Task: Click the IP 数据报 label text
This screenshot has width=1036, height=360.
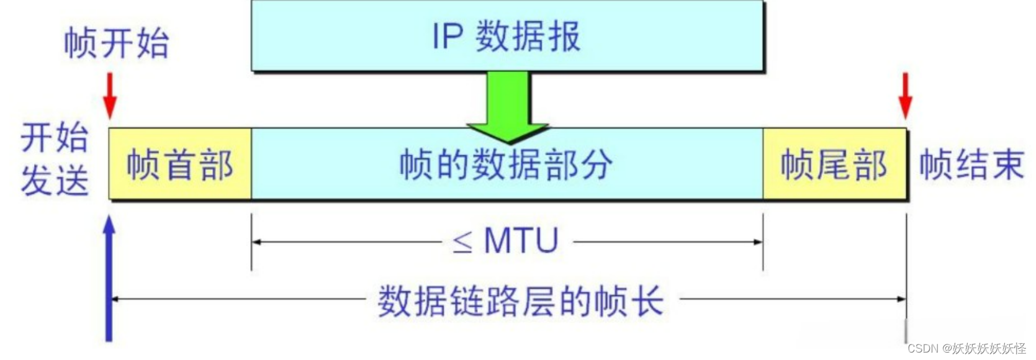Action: tap(506, 36)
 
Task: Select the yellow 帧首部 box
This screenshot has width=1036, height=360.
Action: tap(180, 164)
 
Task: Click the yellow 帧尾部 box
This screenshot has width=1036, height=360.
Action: tap(834, 164)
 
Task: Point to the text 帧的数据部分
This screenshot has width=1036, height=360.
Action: tap(506, 164)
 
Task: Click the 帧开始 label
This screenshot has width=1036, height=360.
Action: tap(116, 43)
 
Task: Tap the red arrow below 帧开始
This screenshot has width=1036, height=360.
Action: tap(110, 95)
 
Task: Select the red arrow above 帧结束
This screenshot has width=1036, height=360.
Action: tap(906, 95)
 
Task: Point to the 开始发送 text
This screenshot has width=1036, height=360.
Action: tap(55, 159)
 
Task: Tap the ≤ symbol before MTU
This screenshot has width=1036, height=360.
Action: tap(462, 242)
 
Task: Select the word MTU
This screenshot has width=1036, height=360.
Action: tap(521, 241)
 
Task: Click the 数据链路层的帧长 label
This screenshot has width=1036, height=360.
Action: tap(520, 301)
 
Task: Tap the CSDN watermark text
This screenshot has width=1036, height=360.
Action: tap(966, 348)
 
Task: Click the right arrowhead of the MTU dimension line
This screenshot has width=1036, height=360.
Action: tap(758, 242)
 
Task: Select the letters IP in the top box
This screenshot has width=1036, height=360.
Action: tap(448, 36)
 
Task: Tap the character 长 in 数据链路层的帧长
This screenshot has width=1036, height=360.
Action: tap(647, 301)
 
